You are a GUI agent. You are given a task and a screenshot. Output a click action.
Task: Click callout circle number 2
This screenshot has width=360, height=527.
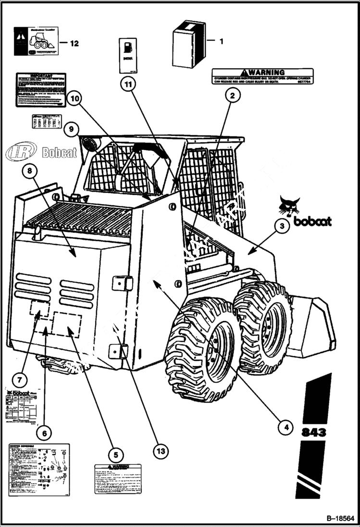pyautogui.click(x=232, y=96)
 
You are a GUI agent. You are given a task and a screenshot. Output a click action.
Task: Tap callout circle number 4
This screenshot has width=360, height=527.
pyautogui.click(x=286, y=426)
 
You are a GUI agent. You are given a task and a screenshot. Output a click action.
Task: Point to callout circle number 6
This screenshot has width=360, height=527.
pyautogui.click(x=44, y=433)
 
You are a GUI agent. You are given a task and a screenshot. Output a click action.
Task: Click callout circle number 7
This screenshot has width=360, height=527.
pyautogui.click(x=19, y=380)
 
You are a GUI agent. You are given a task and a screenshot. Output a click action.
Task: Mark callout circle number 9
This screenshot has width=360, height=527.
pyautogui.click(x=71, y=129)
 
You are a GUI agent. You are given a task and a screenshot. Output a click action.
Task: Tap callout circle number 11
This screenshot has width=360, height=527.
pyautogui.click(x=128, y=84)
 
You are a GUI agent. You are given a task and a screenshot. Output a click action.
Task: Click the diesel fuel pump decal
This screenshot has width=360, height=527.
pyautogui.click(x=128, y=55)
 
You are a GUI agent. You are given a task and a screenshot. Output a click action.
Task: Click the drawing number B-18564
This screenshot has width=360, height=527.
pyautogui.click(x=340, y=518)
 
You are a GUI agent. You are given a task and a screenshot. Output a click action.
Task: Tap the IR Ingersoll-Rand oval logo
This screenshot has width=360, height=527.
pyautogui.click(x=21, y=152)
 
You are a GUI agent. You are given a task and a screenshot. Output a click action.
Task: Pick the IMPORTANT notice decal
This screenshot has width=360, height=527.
pyautogui.click(x=41, y=90)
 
